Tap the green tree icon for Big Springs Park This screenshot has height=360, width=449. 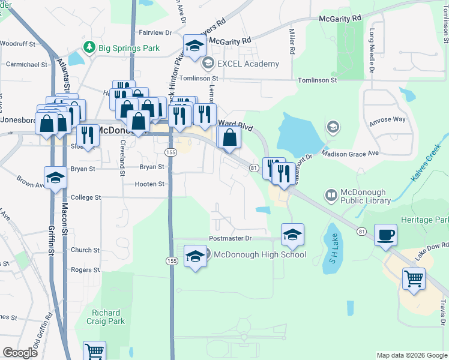89,46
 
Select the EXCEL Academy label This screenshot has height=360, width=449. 249,64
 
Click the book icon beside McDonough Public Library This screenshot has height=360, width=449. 331,194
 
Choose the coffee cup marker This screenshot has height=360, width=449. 385,235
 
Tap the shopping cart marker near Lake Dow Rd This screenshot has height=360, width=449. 413,278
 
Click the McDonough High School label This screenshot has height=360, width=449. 259,254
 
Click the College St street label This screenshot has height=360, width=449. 86,197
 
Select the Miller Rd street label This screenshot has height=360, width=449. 292,42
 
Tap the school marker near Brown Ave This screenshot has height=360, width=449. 55,178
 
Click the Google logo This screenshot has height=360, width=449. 20,353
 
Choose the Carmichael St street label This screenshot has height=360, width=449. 26,64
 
